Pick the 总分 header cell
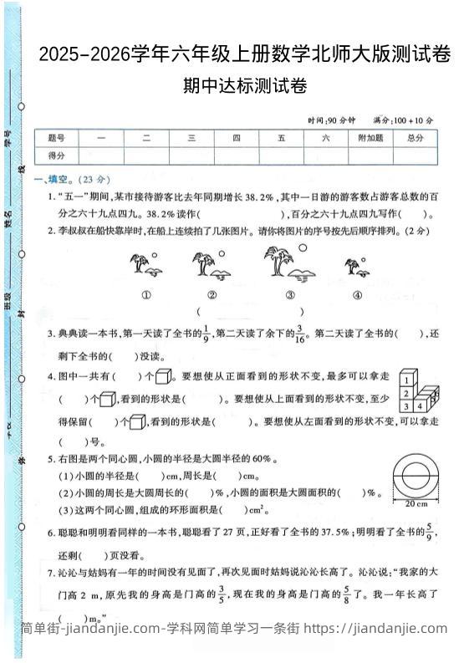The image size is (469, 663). pyautogui.click(x=415, y=138)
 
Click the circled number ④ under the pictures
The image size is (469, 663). pyautogui.click(x=357, y=294)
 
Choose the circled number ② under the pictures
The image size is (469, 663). pyautogui.click(x=212, y=294)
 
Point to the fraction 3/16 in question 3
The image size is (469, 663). pyautogui.click(x=300, y=334)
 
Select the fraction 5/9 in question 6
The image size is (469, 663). pyautogui.click(x=430, y=532)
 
